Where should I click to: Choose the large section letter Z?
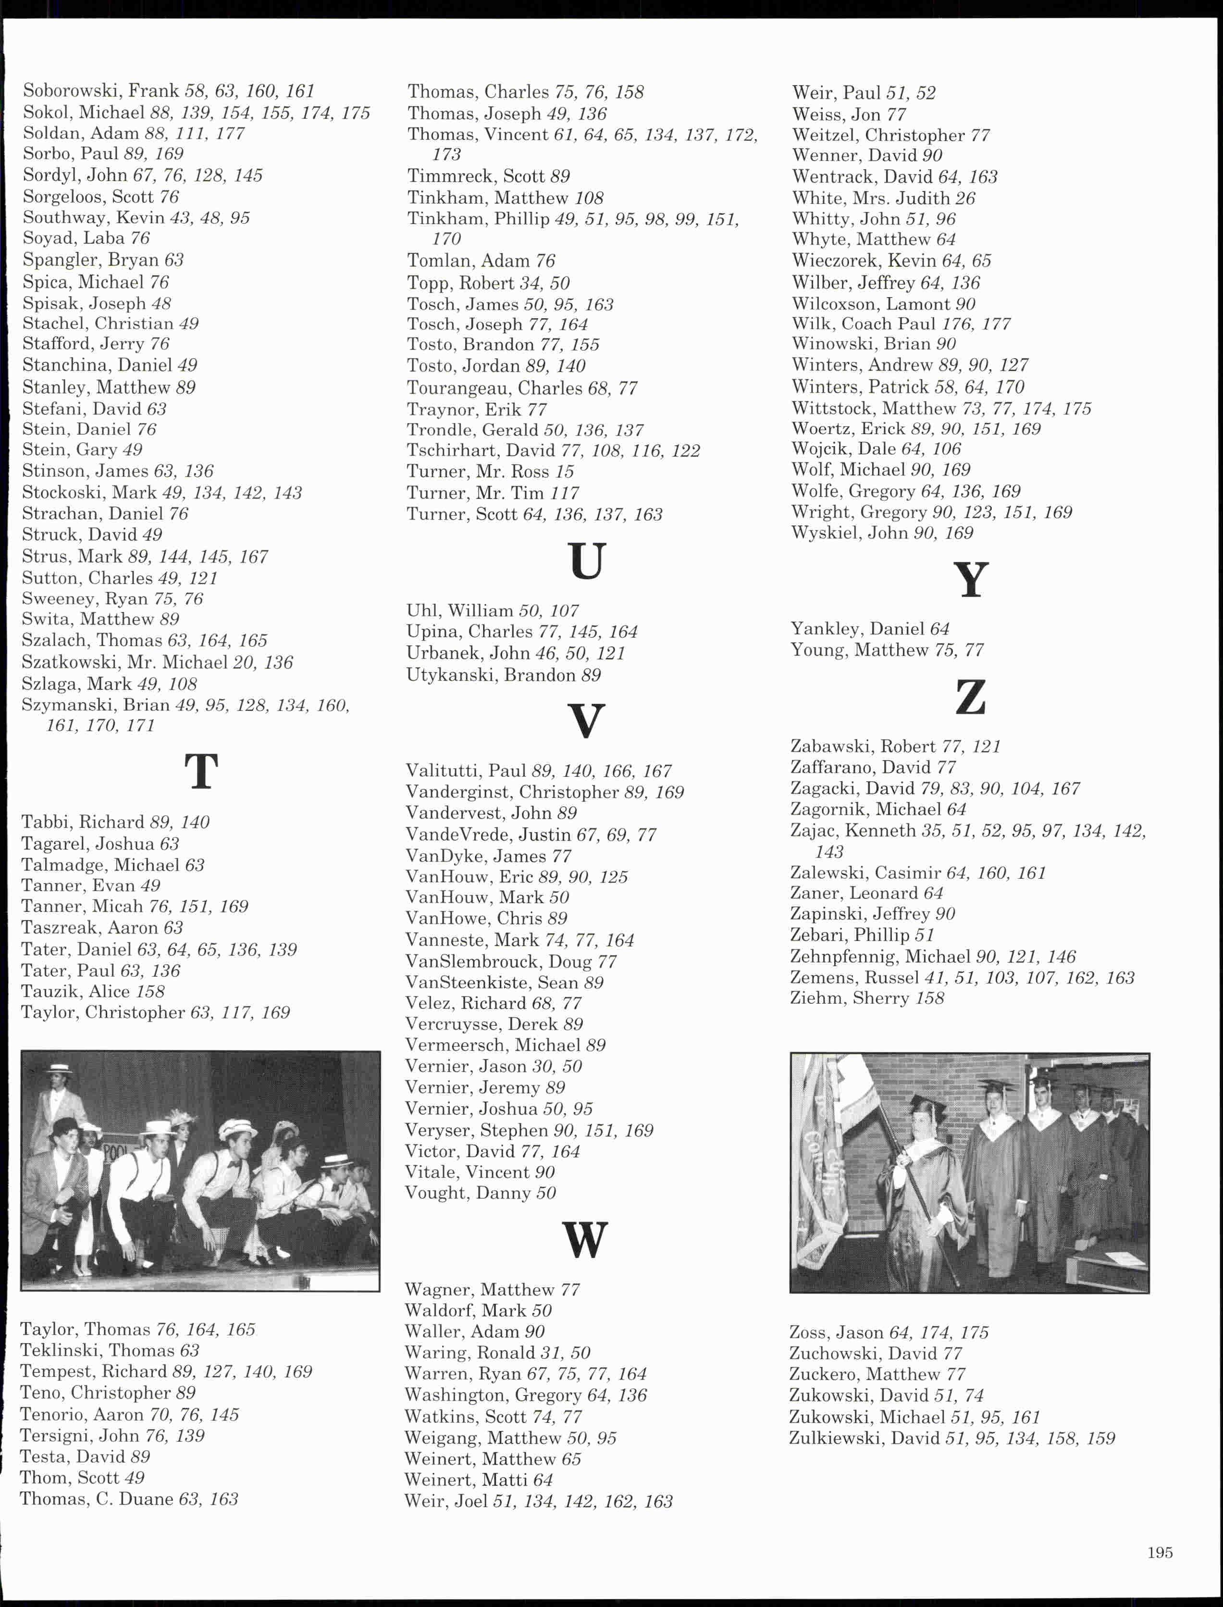click(970, 697)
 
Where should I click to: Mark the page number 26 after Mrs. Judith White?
click(964, 198)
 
